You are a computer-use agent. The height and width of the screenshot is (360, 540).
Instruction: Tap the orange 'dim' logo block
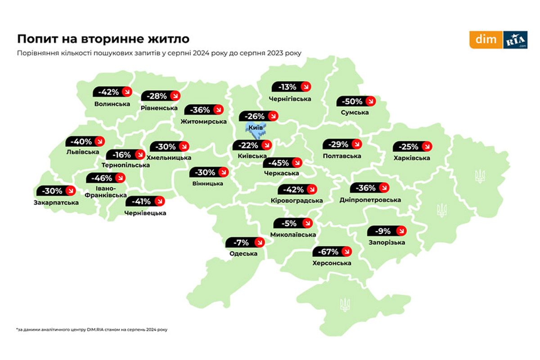pyautogui.click(x=486, y=40)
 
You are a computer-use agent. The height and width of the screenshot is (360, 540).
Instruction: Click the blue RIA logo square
pyautogui.click(x=515, y=40)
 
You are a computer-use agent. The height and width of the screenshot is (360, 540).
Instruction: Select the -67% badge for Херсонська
pyautogui.click(x=334, y=251)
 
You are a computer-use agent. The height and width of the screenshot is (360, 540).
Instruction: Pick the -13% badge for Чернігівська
pyautogui.click(x=292, y=87)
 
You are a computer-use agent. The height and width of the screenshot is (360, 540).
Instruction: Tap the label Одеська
pyautogui.click(x=243, y=254)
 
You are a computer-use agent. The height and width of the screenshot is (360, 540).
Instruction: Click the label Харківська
pyautogui.click(x=411, y=158)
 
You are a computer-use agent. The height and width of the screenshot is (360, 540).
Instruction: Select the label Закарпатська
pyautogui.click(x=56, y=202)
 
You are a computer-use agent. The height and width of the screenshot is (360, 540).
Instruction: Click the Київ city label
pyautogui.click(x=256, y=128)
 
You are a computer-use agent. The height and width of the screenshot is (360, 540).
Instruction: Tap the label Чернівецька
pyautogui.click(x=145, y=213)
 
